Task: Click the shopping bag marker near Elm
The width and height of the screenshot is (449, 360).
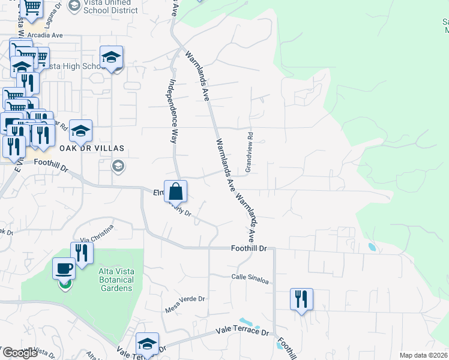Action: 175,191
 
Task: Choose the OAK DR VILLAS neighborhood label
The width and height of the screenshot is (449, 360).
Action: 91,148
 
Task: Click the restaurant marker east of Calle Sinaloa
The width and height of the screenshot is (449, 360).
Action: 301,299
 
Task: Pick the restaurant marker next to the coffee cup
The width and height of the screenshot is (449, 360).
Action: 82,253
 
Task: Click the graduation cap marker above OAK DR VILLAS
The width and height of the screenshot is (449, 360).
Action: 81,131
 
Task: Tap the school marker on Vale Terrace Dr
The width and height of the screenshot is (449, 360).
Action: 147,343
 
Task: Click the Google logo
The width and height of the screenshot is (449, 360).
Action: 20,353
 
